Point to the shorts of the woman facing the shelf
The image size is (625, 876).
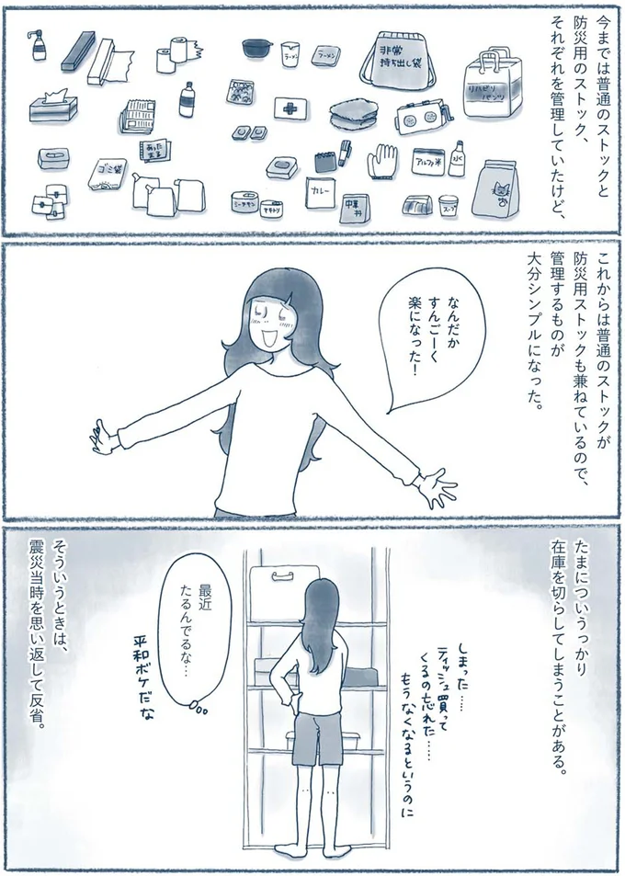pos(314,737)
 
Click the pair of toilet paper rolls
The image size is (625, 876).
pos(172,55)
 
